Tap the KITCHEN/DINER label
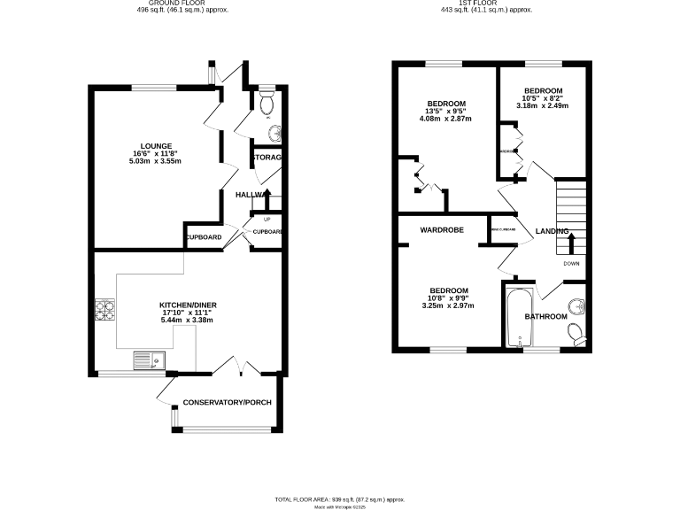pyautogui.click(x=188, y=305)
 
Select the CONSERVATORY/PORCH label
pyautogui.click(x=227, y=403)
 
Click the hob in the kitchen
pyautogui.click(x=105, y=311)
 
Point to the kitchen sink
pyautogui.click(x=147, y=360)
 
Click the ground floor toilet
pyautogui.click(x=267, y=103)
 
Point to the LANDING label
pyautogui.click(x=552, y=232)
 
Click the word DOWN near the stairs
pyautogui.click(x=572, y=263)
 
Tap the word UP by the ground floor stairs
pyautogui.click(x=267, y=219)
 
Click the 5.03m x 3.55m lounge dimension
pyautogui.click(x=155, y=162)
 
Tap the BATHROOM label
pyautogui.click(x=545, y=316)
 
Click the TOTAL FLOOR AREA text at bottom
pyautogui.click(x=345, y=499)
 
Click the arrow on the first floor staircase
pyautogui.click(x=571, y=240)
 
